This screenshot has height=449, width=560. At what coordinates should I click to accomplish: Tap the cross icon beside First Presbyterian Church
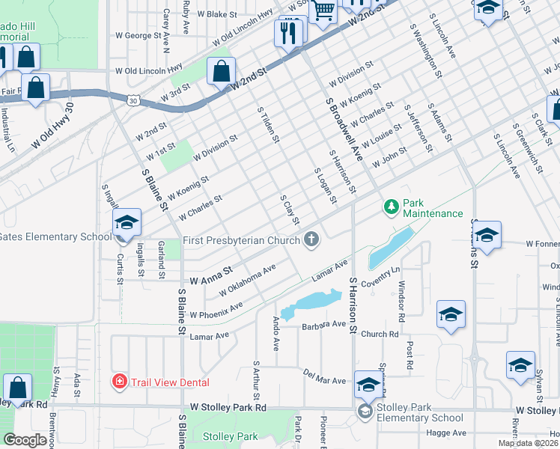pyautogui.click(x=311, y=239)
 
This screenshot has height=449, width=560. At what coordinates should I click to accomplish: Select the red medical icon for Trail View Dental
pyautogui.click(x=119, y=382)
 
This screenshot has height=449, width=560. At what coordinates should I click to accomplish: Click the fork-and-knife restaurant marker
pyautogui.click(x=288, y=32)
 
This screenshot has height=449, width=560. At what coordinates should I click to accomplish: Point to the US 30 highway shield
pyautogui.click(x=133, y=99)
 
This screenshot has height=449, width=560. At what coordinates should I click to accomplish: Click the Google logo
pyautogui.click(x=25, y=440)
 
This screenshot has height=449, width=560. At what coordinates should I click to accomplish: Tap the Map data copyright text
pyautogui.click(x=529, y=443)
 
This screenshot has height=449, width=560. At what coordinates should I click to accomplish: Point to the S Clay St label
pyautogui.click(x=290, y=210)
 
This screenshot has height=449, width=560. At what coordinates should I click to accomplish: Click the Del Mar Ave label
pyautogui.click(x=324, y=376)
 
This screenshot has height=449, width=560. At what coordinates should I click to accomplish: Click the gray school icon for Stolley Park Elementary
pyautogui.click(x=365, y=411)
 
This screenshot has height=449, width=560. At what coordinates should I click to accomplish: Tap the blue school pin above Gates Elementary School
pyautogui.click(x=127, y=222)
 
